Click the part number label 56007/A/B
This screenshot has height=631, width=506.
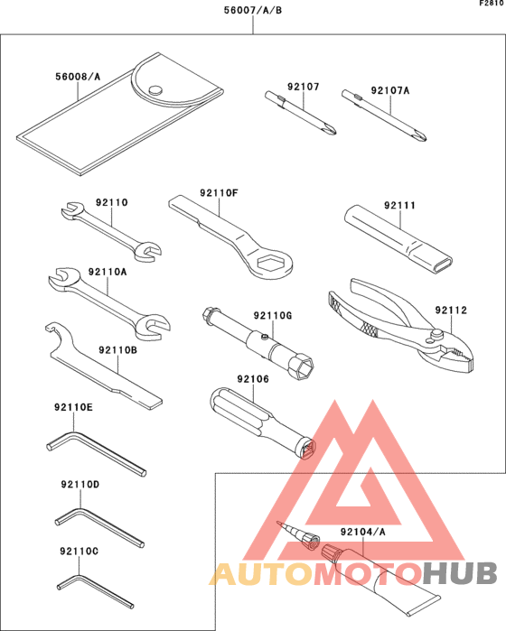[x=252, y=12]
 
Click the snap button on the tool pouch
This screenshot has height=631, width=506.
[x=155, y=88]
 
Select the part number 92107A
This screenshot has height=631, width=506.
[x=389, y=90]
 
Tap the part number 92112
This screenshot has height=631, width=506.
[x=450, y=311]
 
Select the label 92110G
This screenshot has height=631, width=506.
[x=272, y=315]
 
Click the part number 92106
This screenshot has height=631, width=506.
[x=253, y=379]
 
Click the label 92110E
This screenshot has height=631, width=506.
[x=73, y=408]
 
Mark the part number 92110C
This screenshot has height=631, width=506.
[x=79, y=551]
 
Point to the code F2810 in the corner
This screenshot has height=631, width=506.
[x=492, y=5]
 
